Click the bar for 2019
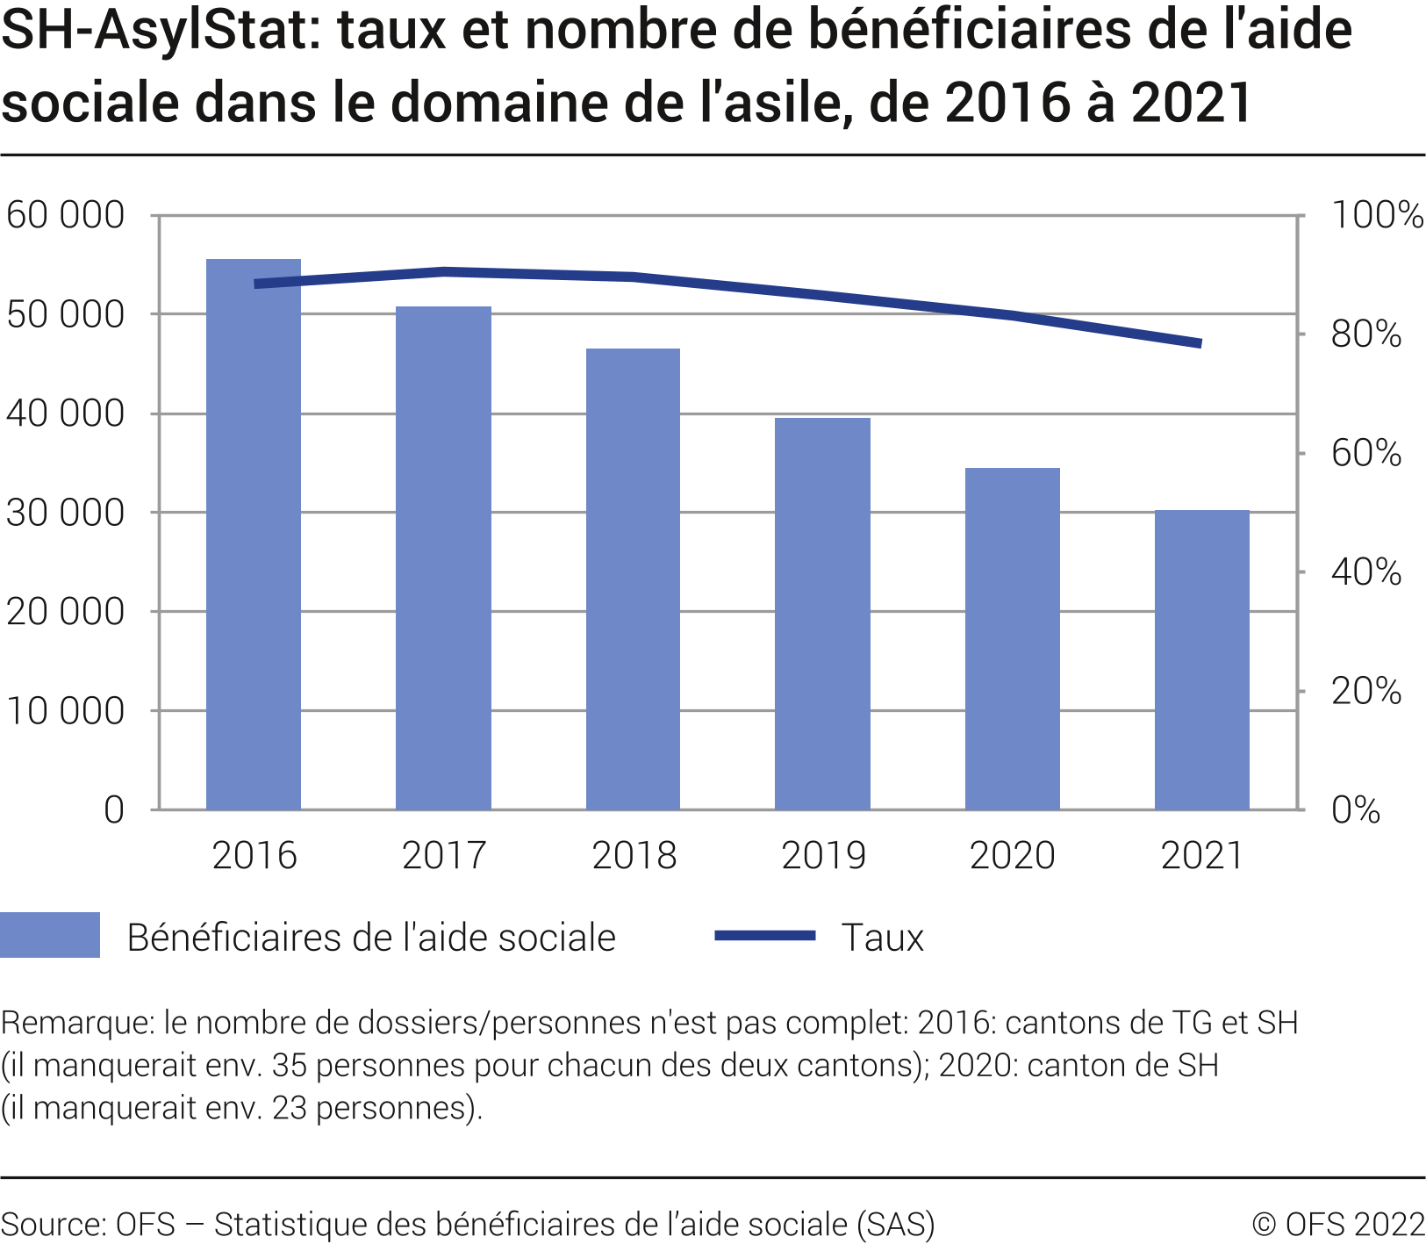coord(822,614)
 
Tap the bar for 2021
coord(1201,659)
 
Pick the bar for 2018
coord(633,579)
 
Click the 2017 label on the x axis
coord(444,856)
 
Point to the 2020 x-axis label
coord(1012,856)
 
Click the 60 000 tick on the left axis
coord(65,215)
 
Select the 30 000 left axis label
coord(65,513)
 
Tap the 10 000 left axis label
coord(65,711)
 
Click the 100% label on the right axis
coord(1377,215)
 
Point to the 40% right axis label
coord(1366,572)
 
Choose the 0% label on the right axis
coord(1356,810)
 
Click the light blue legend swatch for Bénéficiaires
coord(50,935)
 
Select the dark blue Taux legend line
coord(765,936)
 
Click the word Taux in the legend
coord(882,938)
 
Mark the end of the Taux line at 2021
coord(1200,343)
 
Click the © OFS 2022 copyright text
coord(1338,1224)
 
